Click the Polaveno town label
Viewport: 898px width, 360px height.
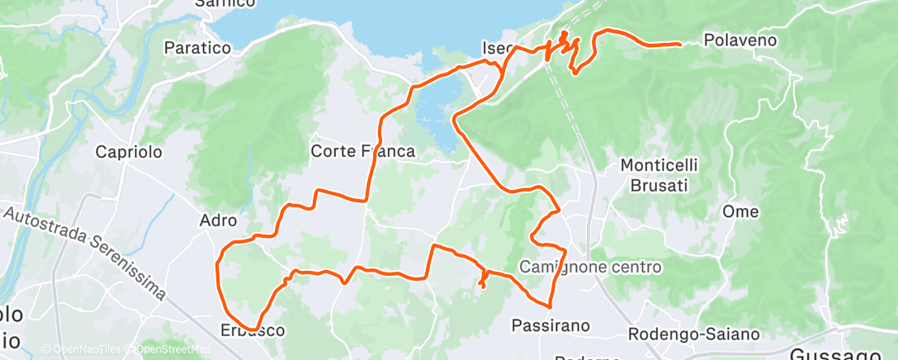click(741, 39)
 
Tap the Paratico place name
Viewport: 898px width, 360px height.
click(197, 48)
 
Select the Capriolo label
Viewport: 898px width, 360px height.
click(129, 152)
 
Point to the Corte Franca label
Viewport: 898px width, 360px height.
click(362, 151)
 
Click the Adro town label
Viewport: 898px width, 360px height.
click(219, 220)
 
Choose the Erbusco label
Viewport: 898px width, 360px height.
click(253, 330)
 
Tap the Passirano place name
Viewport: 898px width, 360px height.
click(551, 325)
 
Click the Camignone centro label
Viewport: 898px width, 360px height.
click(591, 267)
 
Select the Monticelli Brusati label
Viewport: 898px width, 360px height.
click(659, 175)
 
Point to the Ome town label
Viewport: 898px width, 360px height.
click(740, 211)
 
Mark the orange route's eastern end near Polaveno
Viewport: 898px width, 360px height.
click(678, 44)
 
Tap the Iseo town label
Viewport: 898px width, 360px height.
click(499, 47)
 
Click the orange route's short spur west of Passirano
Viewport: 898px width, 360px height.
click(480, 281)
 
